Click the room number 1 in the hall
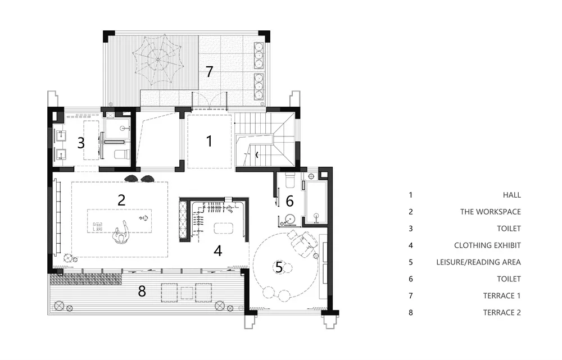coord(209,141)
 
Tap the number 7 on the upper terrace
coord(209,72)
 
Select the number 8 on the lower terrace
coord(142,291)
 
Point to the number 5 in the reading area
coord(279,267)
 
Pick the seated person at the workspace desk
coord(121,233)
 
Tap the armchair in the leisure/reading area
coord(304,241)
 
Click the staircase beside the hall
coord(265,140)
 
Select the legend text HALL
coord(511,195)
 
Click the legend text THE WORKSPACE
coord(490,212)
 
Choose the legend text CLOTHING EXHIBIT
coord(487,245)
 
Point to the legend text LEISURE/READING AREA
coord(478,262)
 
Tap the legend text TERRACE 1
coord(502,295)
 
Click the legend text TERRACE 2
coord(502,312)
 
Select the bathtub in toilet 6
coord(316,202)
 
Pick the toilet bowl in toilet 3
coord(121,155)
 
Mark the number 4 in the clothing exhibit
coord(218,250)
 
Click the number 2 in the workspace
coord(121,200)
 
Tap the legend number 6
coord(411,279)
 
